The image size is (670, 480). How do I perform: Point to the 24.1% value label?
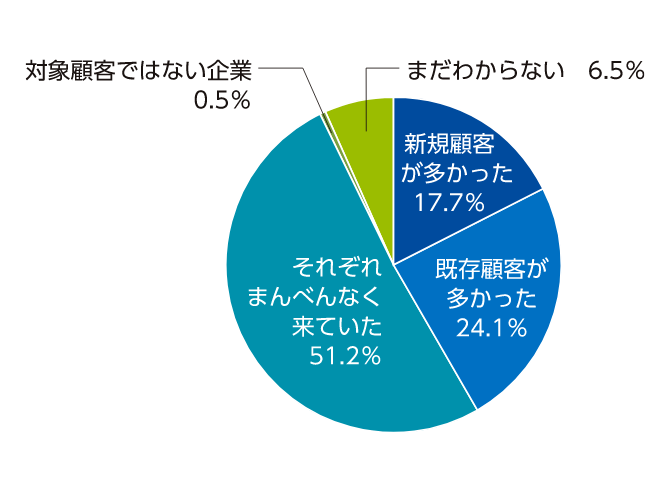pyautogui.click(x=491, y=326)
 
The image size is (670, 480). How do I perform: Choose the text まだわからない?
pyautogui.click(x=484, y=71)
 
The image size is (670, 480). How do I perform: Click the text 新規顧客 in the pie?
pyautogui.click(x=448, y=143)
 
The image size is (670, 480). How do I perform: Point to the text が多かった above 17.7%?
pyautogui.click(x=457, y=173)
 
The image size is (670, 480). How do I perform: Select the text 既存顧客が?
pyautogui.click(x=492, y=269)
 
